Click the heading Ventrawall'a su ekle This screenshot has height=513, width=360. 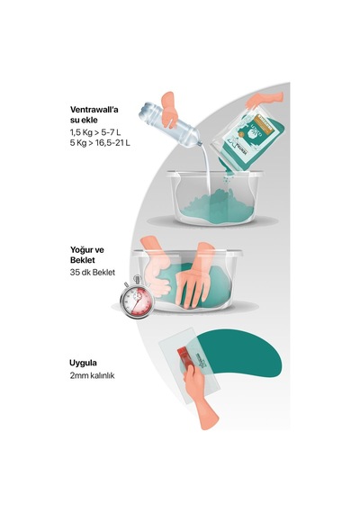click(94, 114)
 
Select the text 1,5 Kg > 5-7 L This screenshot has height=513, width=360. click(95, 132)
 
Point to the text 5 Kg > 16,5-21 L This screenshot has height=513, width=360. click(100, 143)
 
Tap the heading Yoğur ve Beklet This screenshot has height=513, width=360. click(87, 255)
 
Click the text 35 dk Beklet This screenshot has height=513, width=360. click(93, 273)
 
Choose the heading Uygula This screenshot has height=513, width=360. click(83, 364)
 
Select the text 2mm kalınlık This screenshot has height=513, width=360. click(92, 375)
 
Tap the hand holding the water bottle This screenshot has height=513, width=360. click(169, 110)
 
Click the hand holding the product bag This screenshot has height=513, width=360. click(264, 99)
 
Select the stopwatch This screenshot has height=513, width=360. click(137, 297)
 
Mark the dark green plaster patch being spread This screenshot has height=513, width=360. click(247, 354)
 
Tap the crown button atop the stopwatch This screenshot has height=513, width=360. click(137, 279)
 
